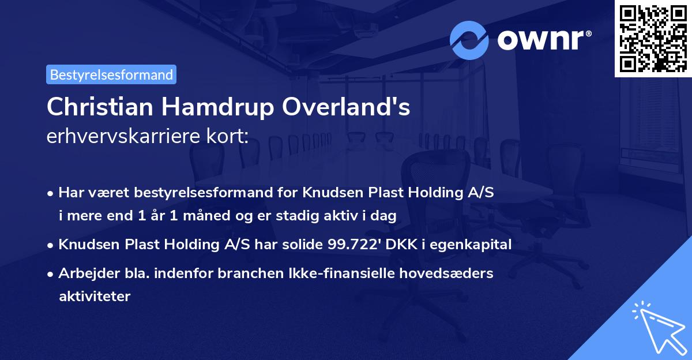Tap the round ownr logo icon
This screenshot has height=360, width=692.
coord(470,40)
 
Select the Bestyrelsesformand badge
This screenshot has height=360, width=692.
coord(111,74)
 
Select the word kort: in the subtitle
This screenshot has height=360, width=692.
coord(230,137)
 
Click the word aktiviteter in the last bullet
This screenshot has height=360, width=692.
coord(95,297)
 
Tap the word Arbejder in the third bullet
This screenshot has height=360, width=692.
coord(84,273)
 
